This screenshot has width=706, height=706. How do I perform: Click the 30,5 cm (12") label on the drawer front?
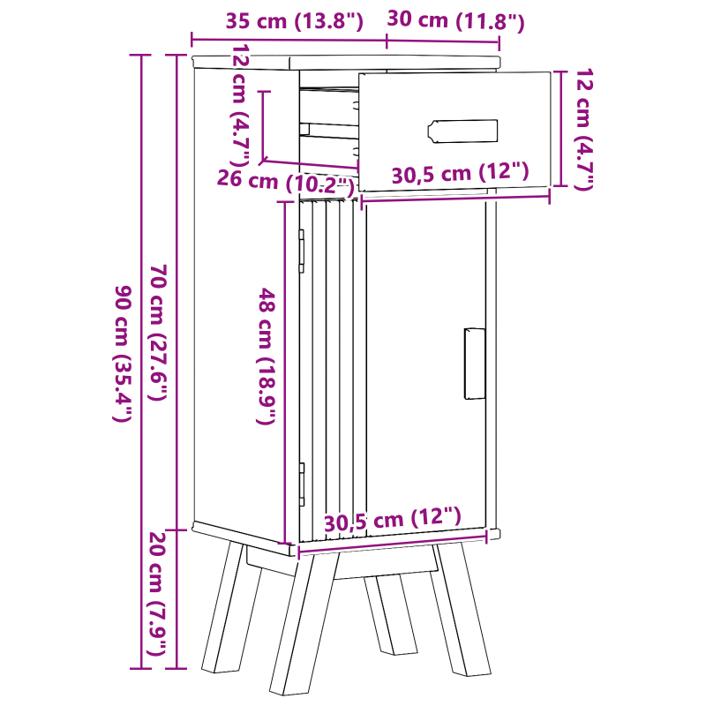(x=459, y=174)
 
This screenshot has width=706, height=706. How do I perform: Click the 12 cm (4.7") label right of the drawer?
(x=583, y=130)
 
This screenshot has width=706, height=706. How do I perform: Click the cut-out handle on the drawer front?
(x=463, y=131)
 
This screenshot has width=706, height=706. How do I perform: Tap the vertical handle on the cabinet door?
(x=475, y=364)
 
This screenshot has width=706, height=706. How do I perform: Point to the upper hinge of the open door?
(x=302, y=248)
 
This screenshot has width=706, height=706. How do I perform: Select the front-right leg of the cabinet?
(x=455, y=609)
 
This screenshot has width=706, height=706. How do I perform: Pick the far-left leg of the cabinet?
(x=225, y=609)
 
